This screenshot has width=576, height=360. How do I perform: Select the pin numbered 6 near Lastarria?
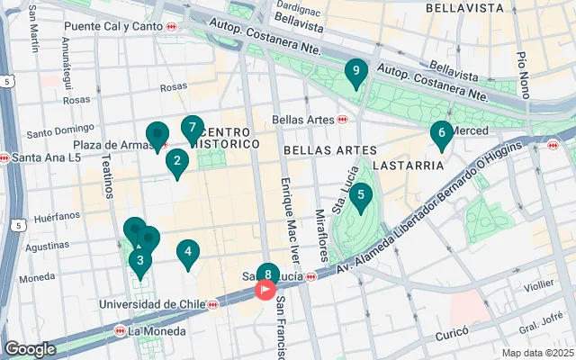point(441,134)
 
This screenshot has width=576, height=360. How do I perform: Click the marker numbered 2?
point(177,163)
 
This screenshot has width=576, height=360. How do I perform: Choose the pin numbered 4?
point(187,254)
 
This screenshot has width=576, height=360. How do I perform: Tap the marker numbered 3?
point(139,262)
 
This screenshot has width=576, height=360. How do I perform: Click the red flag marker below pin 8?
point(266,290)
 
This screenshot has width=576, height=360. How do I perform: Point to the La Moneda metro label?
point(157,331)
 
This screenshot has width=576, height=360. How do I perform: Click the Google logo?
point(30,348)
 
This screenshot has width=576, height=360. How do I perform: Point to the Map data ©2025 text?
point(536,353)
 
